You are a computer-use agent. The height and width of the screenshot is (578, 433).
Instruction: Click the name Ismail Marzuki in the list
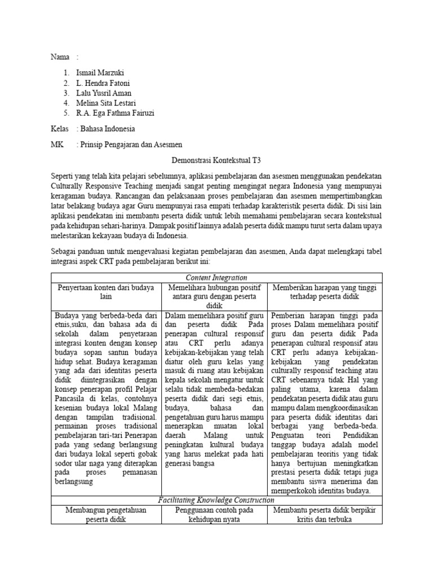pos(100,73)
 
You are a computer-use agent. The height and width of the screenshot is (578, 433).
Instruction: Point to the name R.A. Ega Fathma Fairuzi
pos(115,113)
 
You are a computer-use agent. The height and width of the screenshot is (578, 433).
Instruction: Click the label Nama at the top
pos(60,57)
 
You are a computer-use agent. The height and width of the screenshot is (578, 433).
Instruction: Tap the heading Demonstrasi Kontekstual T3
pos(216,161)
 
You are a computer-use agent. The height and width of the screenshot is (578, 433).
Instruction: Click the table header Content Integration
pos(216,278)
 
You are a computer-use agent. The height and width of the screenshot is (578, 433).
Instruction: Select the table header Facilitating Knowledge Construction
pos(216,500)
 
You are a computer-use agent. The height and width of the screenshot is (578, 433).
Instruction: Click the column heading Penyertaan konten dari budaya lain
pos(106,292)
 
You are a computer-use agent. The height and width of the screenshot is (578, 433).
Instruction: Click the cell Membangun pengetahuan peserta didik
pos(106,515)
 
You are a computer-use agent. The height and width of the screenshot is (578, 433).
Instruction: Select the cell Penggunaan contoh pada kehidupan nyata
pos(216,515)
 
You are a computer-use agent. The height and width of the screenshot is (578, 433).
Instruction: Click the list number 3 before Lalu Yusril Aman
pos(67,93)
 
